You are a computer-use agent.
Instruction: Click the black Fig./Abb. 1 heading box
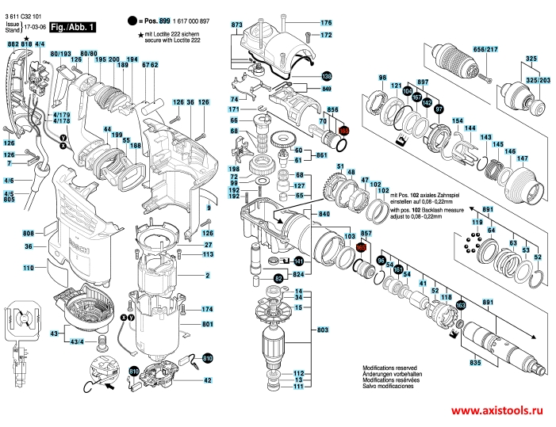tap(72, 28)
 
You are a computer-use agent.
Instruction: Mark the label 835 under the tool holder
tap(475, 362)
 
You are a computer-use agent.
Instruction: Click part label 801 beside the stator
tap(207, 325)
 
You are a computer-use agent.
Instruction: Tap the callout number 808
tap(28, 234)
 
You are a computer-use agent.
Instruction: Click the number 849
tap(326, 91)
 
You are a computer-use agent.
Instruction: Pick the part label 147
tap(523, 158)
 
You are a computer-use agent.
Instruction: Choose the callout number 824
tap(298, 274)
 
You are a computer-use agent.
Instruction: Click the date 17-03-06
tap(33, 30)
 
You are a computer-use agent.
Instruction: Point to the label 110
tap(28, 269)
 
